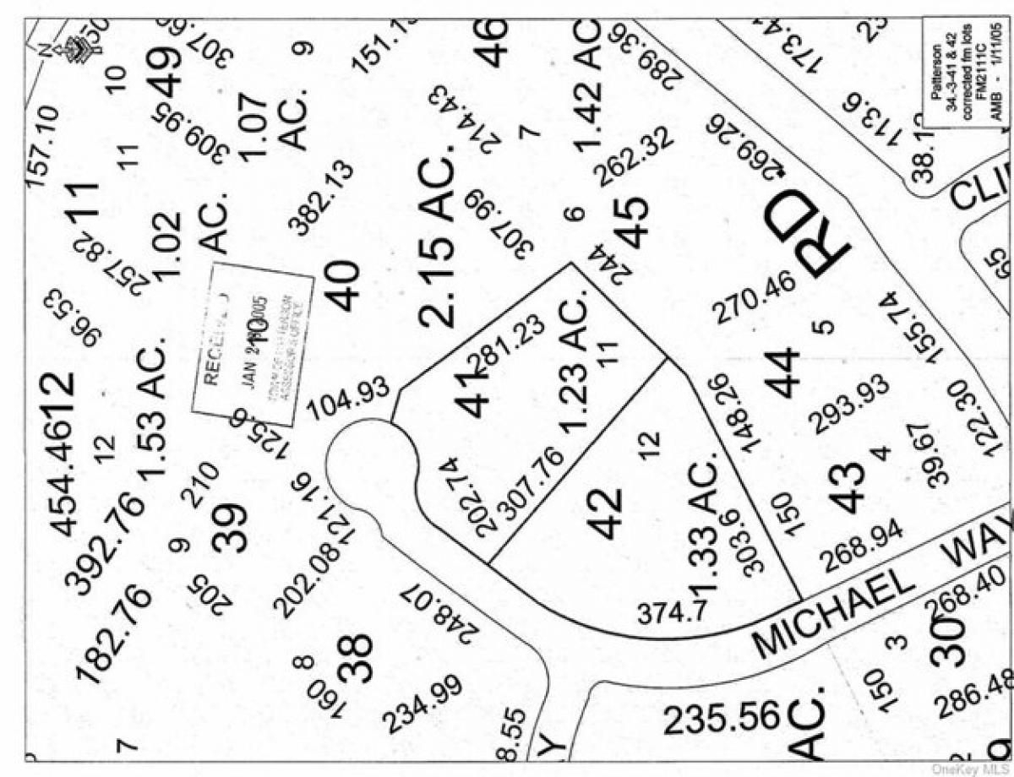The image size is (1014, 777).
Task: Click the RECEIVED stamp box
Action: pos(252,344)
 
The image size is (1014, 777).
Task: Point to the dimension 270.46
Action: pos(755,296)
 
